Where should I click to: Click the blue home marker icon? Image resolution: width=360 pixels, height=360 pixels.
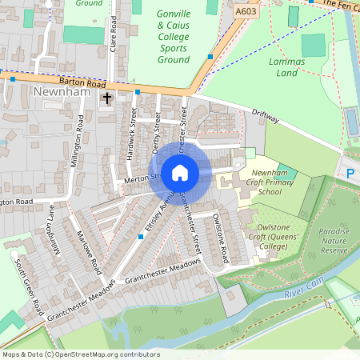point(180,172)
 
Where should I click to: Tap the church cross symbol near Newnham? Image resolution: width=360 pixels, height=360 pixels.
point(107,98)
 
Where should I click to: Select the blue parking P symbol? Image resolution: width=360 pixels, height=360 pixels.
point(350,172)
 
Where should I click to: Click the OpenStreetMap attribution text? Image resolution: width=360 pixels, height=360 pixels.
point(80,354)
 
